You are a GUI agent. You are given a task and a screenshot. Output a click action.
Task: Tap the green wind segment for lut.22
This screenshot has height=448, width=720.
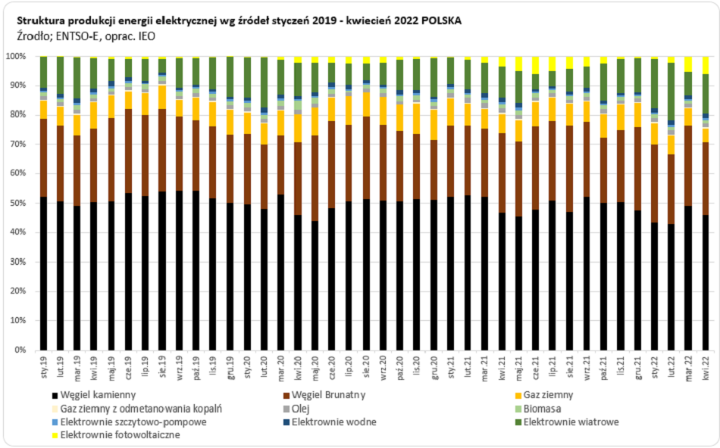tap(671, 91)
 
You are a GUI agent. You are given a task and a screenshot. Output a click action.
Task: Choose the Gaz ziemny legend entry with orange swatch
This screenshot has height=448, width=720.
tap(549, 396)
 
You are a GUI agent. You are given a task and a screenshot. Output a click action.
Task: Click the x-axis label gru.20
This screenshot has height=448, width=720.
tap(434, 367)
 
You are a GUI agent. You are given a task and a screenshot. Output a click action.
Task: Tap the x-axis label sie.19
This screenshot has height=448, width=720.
tap(162, 367)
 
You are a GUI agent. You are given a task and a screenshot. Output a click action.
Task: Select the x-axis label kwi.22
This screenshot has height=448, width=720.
tap(706, 367)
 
